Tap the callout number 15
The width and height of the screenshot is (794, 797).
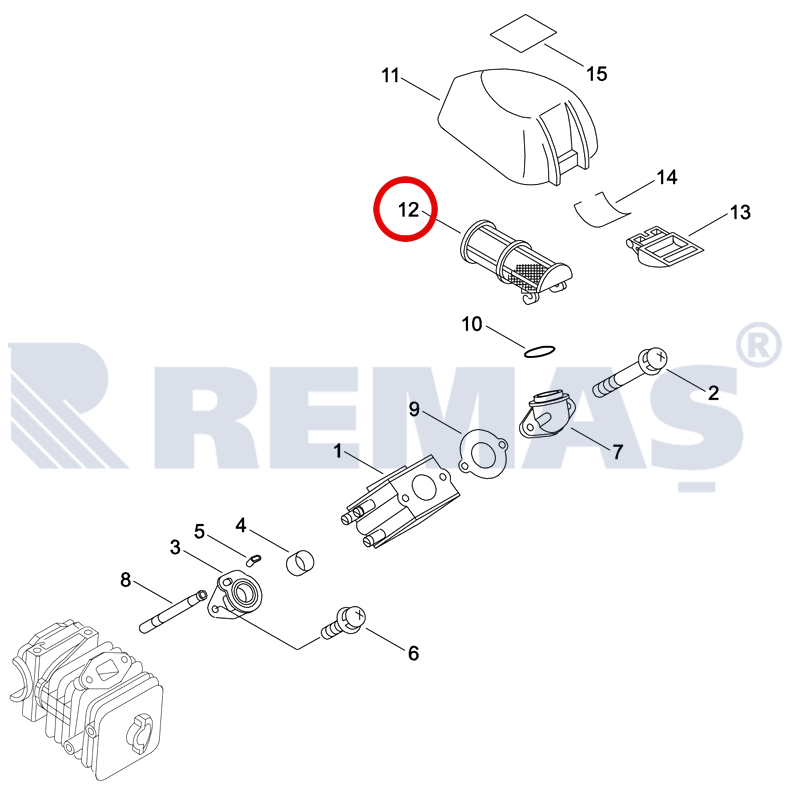point(597,74)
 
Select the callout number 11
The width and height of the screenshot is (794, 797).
point(390,76)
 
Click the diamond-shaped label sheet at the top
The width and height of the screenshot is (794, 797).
point(523,33)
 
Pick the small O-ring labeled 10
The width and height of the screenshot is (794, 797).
point(539,351)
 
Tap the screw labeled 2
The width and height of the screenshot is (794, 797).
point(629,374)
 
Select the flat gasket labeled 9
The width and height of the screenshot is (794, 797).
point(483,454)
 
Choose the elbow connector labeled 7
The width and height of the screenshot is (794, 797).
point(547,417)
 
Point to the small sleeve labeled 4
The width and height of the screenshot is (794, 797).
point(300,562)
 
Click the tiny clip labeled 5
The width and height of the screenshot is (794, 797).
point(253,560)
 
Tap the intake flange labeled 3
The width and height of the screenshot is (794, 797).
point(236,596)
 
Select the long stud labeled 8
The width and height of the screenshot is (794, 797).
point(173,611)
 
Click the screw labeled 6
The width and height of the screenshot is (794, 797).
point(344,623)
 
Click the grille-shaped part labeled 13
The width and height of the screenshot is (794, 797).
point(663,247)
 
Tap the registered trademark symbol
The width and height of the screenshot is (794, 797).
point(758,345)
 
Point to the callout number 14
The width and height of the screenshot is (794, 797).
point(667,177)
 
